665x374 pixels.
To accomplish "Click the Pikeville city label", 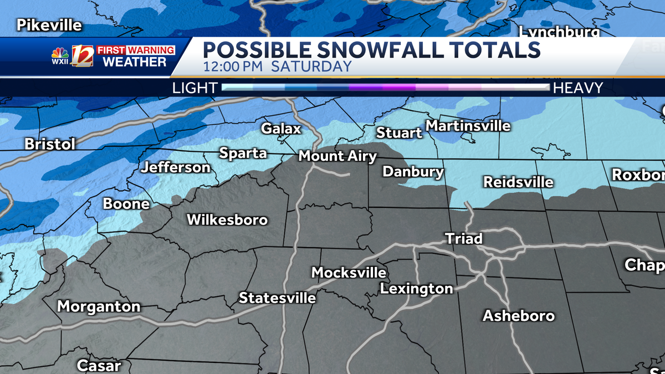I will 49,25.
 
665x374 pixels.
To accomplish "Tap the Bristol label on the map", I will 50,145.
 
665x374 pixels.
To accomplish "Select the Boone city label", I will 126,204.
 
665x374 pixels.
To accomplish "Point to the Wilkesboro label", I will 227,220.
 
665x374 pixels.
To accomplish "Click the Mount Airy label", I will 337,156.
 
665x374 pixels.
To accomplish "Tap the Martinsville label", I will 468,126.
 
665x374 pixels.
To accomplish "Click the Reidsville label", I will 518,182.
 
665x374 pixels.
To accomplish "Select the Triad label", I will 464,239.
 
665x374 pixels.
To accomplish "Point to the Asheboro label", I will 519,316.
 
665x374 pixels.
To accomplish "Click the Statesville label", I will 277,298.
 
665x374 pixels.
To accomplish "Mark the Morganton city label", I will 99,306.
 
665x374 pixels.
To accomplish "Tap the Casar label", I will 98,365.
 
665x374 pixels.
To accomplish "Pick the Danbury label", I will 413,172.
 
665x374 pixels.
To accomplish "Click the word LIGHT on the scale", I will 195,88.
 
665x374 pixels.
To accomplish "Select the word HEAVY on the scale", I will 578,88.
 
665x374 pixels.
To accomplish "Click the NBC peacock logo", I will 60,53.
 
